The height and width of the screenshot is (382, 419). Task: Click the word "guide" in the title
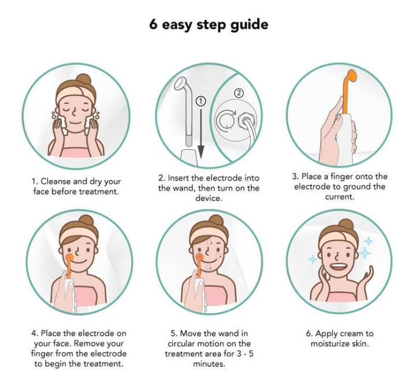pyautogui.click(x=249, y=25)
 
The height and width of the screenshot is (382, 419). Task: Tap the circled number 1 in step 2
pyautogui.click(x=201, y=101)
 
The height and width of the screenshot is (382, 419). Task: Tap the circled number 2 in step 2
pyautogui.click(x=239, y=93)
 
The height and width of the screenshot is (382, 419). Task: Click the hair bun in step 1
pyautogui.click(x=83, y=79)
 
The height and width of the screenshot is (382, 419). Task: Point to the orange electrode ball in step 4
pyautogui.click(x=69, y=258)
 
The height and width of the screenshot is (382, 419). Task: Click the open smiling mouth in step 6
pyautogui.click(x=338, y=267)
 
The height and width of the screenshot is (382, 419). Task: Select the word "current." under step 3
pyautogui.click(x=340, y=197)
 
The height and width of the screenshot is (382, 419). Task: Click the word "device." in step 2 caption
pyautogui.click(x=209, y=199)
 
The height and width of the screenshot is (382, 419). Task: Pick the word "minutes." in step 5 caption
pyautogui.click(x=209, y=364)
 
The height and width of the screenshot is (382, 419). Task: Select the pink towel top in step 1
pyautogui.click(x=76, y=153)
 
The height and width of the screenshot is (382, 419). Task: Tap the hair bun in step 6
pyautogui.click(x=346, y=225)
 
